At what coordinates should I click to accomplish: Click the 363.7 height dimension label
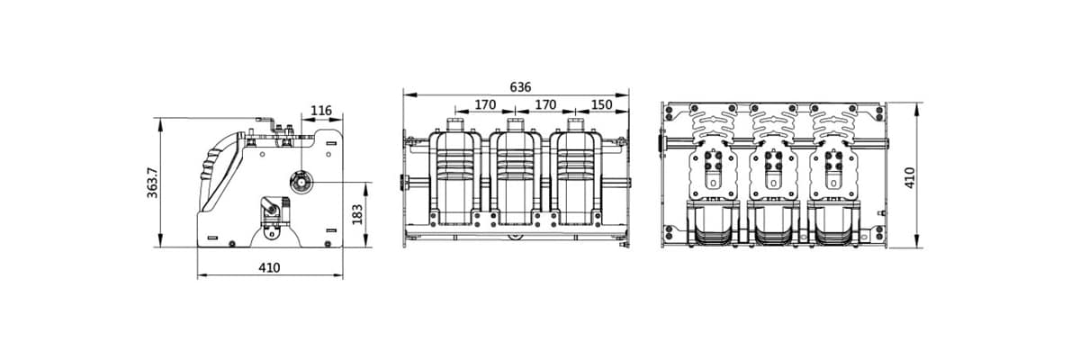152,182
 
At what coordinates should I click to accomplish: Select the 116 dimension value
320,111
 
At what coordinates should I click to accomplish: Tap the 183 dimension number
356,215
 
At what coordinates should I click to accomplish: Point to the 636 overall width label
520,87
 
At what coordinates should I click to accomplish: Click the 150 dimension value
601,104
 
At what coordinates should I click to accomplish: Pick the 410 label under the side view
269,267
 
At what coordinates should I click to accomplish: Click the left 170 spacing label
485,104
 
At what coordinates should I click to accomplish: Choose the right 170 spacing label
545,104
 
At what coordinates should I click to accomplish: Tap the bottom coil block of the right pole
832,225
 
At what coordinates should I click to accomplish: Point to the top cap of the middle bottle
516,122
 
